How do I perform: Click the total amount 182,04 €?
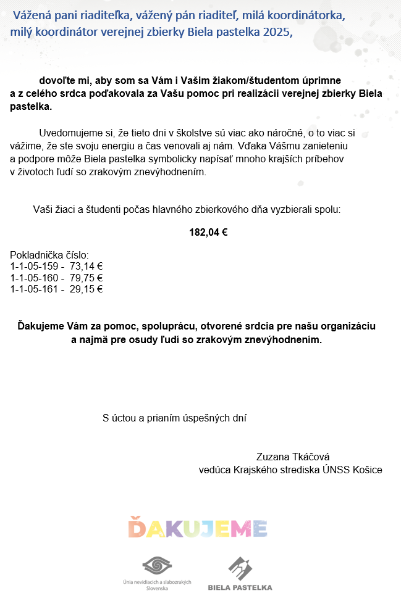(208, 233)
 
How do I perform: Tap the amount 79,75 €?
(86, 278)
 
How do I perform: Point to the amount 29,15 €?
(86, 289)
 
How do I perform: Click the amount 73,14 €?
(86, 267)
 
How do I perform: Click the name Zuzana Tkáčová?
(293, 457)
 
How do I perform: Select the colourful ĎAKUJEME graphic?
(198, 528)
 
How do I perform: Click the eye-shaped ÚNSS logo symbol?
(157, 566)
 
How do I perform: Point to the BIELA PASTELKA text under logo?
(240, 587)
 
